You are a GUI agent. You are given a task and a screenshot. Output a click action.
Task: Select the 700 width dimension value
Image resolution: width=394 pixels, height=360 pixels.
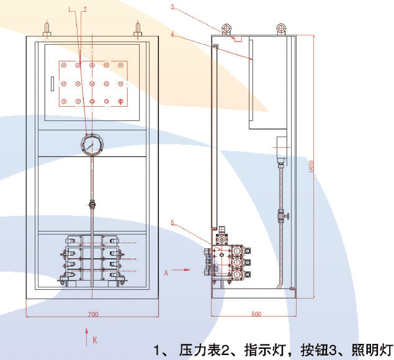[x=93, y=315]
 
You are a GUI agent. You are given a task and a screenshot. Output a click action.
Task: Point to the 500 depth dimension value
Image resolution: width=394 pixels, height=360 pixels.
[x=256, y=315]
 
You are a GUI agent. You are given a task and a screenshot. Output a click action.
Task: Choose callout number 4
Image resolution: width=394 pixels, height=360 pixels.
[x=172, y=35]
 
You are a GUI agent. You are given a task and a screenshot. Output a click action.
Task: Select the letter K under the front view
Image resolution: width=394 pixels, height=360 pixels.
[x=95, y=340]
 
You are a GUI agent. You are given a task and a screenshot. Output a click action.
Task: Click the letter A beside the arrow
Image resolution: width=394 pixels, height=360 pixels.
[x=166, y=271]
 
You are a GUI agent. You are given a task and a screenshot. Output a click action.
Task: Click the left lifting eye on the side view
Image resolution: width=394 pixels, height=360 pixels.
[x=225, y=29]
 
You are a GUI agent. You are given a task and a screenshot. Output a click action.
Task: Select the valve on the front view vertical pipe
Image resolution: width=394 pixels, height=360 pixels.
[x=92, y=204]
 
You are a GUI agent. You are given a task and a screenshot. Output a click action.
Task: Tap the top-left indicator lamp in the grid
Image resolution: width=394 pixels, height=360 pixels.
[x=64, y=65]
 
